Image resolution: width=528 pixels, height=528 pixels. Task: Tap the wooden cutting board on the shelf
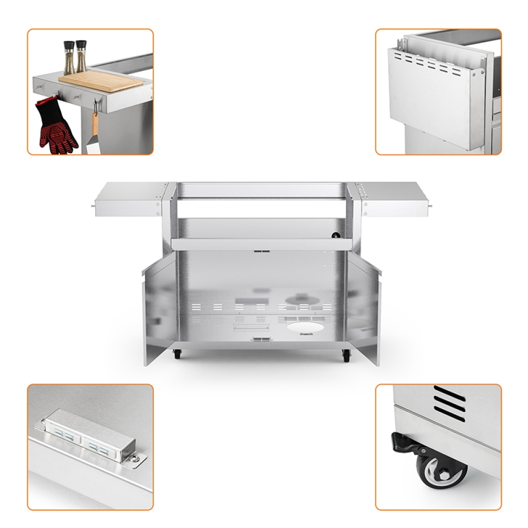(x=100, y=81)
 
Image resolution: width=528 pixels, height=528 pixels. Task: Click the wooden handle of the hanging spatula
(x=95, y=123)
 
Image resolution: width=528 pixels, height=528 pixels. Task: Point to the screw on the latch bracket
(x=135, y=459)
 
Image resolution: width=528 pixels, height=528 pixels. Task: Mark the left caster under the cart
(x=177, y=354)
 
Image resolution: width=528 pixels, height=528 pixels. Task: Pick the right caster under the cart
(x=346, y=355)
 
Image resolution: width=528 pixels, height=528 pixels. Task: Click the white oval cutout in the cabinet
(x=299, y=326)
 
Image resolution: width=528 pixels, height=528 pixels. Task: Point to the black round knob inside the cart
(x=334, y=234)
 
